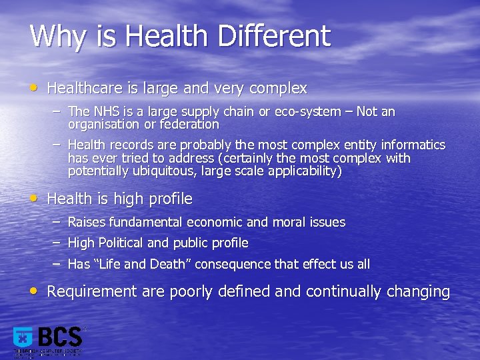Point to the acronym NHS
tap(107, 111)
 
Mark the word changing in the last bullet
tap(417, 292)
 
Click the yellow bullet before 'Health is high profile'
tap(35, 198)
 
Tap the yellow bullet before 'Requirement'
tap(35, 291)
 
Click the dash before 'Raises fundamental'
tap(57, 221)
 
